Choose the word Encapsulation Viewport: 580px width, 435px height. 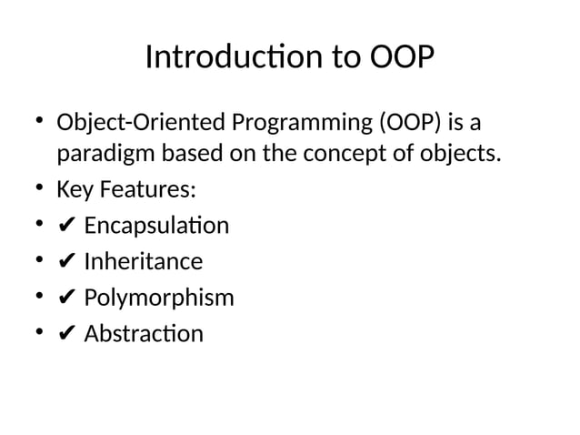point(156,226)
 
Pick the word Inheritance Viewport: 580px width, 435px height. point(143,262)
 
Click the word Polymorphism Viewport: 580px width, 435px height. point(158,298)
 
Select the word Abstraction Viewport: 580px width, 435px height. point(144,335)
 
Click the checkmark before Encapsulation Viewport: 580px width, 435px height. point(66,227)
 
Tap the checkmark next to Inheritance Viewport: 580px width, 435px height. point(66,263)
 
